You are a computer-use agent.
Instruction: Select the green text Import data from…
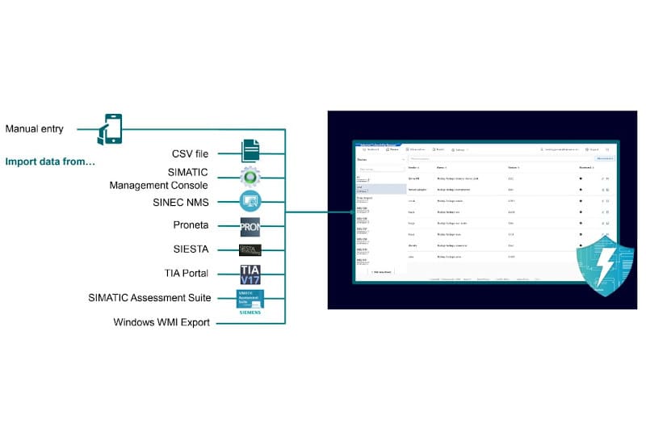point(50,161)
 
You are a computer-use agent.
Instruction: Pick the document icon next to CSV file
point(250,151)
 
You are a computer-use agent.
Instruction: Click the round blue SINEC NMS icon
point(250,202)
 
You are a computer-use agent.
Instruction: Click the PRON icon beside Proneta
point(250,227)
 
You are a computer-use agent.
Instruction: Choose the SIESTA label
point(193,249)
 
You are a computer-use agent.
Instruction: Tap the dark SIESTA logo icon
point(250,250)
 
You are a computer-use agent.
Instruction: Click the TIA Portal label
point(187,274)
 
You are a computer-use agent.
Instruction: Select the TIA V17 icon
point(250,275)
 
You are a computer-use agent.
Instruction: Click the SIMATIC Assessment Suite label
point(149,298)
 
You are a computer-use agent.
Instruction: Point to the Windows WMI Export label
point(161,323)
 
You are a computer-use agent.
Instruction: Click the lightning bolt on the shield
point(606,264)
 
